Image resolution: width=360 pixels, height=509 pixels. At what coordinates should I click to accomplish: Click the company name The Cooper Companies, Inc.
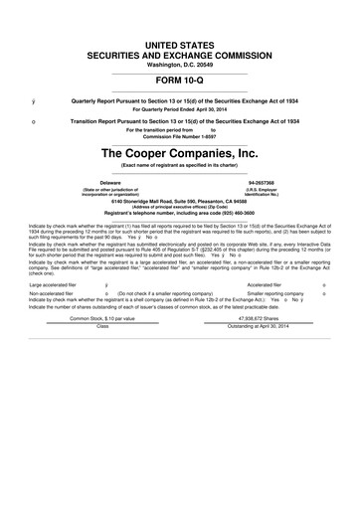coord(179,154)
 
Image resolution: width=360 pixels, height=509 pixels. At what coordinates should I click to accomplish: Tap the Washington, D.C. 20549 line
coord(179,61)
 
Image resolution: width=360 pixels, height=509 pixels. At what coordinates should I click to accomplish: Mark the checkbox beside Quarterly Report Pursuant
coord(34,102)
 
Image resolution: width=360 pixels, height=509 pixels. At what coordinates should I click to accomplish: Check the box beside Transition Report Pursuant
coord(34,121)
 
